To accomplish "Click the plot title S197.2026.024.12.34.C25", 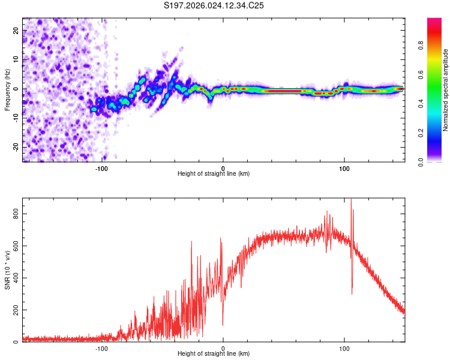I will pos(214,5).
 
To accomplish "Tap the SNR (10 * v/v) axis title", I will pos(7,270).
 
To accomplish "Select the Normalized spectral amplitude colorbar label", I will pos(445,90).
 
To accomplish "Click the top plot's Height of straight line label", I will pos(214,173).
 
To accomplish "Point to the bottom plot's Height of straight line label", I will pos(214,353).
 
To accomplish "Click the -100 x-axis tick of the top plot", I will pos(101,168).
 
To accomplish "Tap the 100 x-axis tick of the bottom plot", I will pos(344,348).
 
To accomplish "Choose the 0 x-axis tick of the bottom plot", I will pos(223,348).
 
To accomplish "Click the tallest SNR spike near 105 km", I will pos(351,200).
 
